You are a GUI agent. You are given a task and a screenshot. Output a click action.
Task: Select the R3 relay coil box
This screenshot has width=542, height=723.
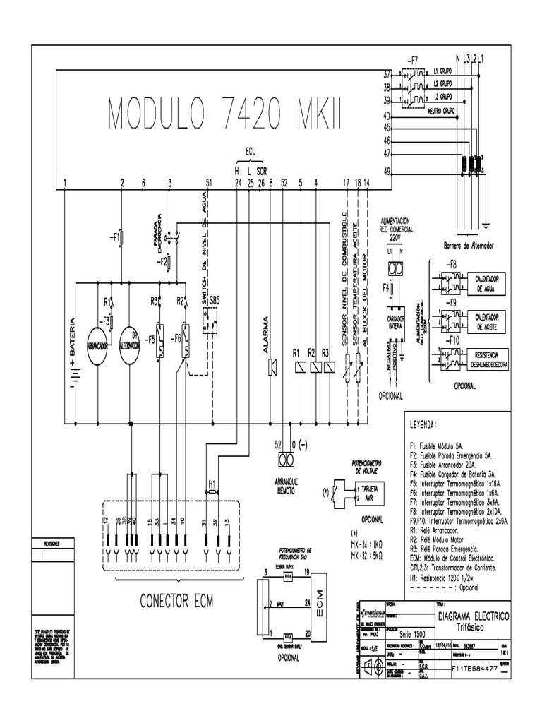(325, 366)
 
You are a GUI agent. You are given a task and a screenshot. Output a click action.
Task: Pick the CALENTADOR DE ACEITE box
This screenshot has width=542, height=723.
(488, 321)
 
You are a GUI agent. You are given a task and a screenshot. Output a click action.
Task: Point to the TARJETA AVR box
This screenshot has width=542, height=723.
(371, 493)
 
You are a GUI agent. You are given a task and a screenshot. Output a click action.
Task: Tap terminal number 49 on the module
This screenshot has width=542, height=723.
(387, 172)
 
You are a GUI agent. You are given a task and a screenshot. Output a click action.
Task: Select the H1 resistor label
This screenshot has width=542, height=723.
(212, 484)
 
